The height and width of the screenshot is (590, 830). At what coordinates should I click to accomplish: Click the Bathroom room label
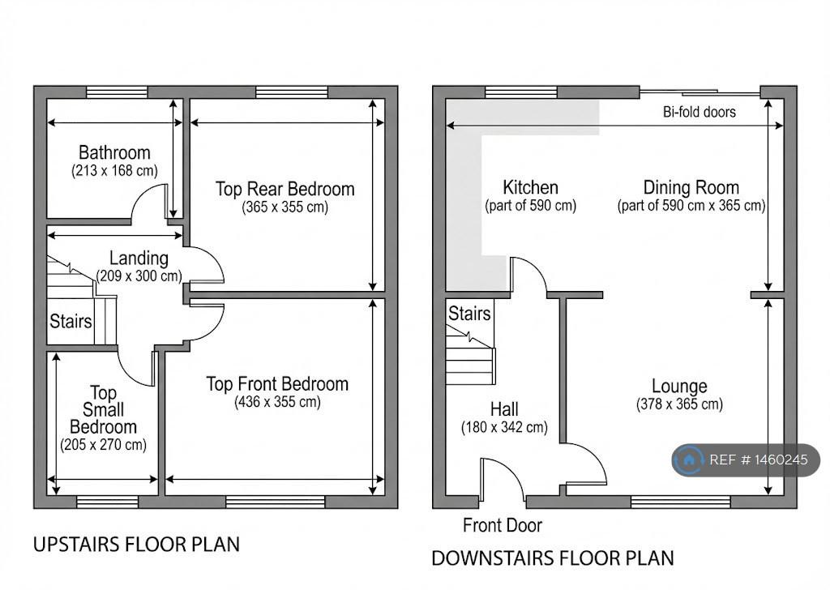pyautogui.click(x=114, y=153)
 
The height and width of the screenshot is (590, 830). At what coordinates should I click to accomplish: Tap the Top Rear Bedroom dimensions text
pyautogui.click(x=285, y=207)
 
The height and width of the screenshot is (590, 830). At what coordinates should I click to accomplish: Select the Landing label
pyautogui.click(x=139, y=259)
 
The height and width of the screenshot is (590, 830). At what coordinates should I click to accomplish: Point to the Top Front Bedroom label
pyautogui.click(x=277, y=384)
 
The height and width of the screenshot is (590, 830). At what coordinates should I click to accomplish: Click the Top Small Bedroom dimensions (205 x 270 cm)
pyautogui.click(x=103, y=444)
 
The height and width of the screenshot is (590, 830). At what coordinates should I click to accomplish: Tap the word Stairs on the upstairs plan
pyautogui.click(x=71, y=321)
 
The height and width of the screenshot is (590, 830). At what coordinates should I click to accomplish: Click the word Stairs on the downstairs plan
pyautogui.click(x=469, y=314)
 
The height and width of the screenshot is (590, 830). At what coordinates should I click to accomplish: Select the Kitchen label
pyautogui.click(x=530, y=188)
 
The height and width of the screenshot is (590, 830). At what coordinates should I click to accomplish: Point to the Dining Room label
pyautogui.click(x=691, y=188)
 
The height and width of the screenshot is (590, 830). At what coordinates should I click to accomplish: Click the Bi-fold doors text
pyautogui.click(x=700, y=112)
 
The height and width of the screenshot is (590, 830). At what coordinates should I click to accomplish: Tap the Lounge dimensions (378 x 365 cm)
pyautogui.click(x=680, y=404)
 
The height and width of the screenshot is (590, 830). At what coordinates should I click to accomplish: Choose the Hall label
pyautogui.click(x=504, y=409)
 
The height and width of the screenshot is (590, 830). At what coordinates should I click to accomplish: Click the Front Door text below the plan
pyautogui.click(x=503, y=525)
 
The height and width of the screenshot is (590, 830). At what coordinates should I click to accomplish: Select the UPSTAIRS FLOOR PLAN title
pyautogui.click(x=136, y=545)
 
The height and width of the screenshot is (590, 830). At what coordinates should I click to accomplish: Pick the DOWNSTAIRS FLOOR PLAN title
pyautogui.click(x=553, y=558)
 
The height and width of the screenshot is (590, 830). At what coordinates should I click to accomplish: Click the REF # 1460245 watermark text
pyautogui.click(x=759, y=460)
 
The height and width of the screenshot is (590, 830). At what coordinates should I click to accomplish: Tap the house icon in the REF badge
pyautogui.click(x=689, y=460)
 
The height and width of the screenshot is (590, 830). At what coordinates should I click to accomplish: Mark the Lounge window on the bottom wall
pyautogui.click(x=681, y=502)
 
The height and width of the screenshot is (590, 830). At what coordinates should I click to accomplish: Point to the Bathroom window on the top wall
pyautogui.click(x=117, y=92)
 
